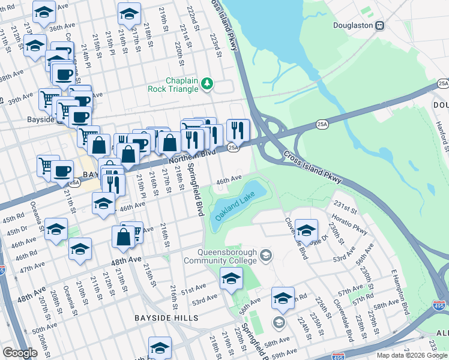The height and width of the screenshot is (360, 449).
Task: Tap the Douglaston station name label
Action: click(353, 26)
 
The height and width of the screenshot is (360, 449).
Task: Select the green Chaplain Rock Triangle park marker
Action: click(207, 83)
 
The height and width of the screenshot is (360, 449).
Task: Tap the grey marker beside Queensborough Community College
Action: click(267, 256)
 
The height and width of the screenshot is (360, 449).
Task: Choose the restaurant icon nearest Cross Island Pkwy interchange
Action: click(238, 129)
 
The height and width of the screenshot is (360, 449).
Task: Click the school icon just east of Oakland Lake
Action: click(306, 230)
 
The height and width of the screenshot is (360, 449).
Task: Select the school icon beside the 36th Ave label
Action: click(44, 12)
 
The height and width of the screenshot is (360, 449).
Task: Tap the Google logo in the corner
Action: click(20, 353)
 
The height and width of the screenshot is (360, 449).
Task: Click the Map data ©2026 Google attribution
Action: click(411, 355)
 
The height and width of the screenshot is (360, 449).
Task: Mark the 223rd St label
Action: click(214, 46)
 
